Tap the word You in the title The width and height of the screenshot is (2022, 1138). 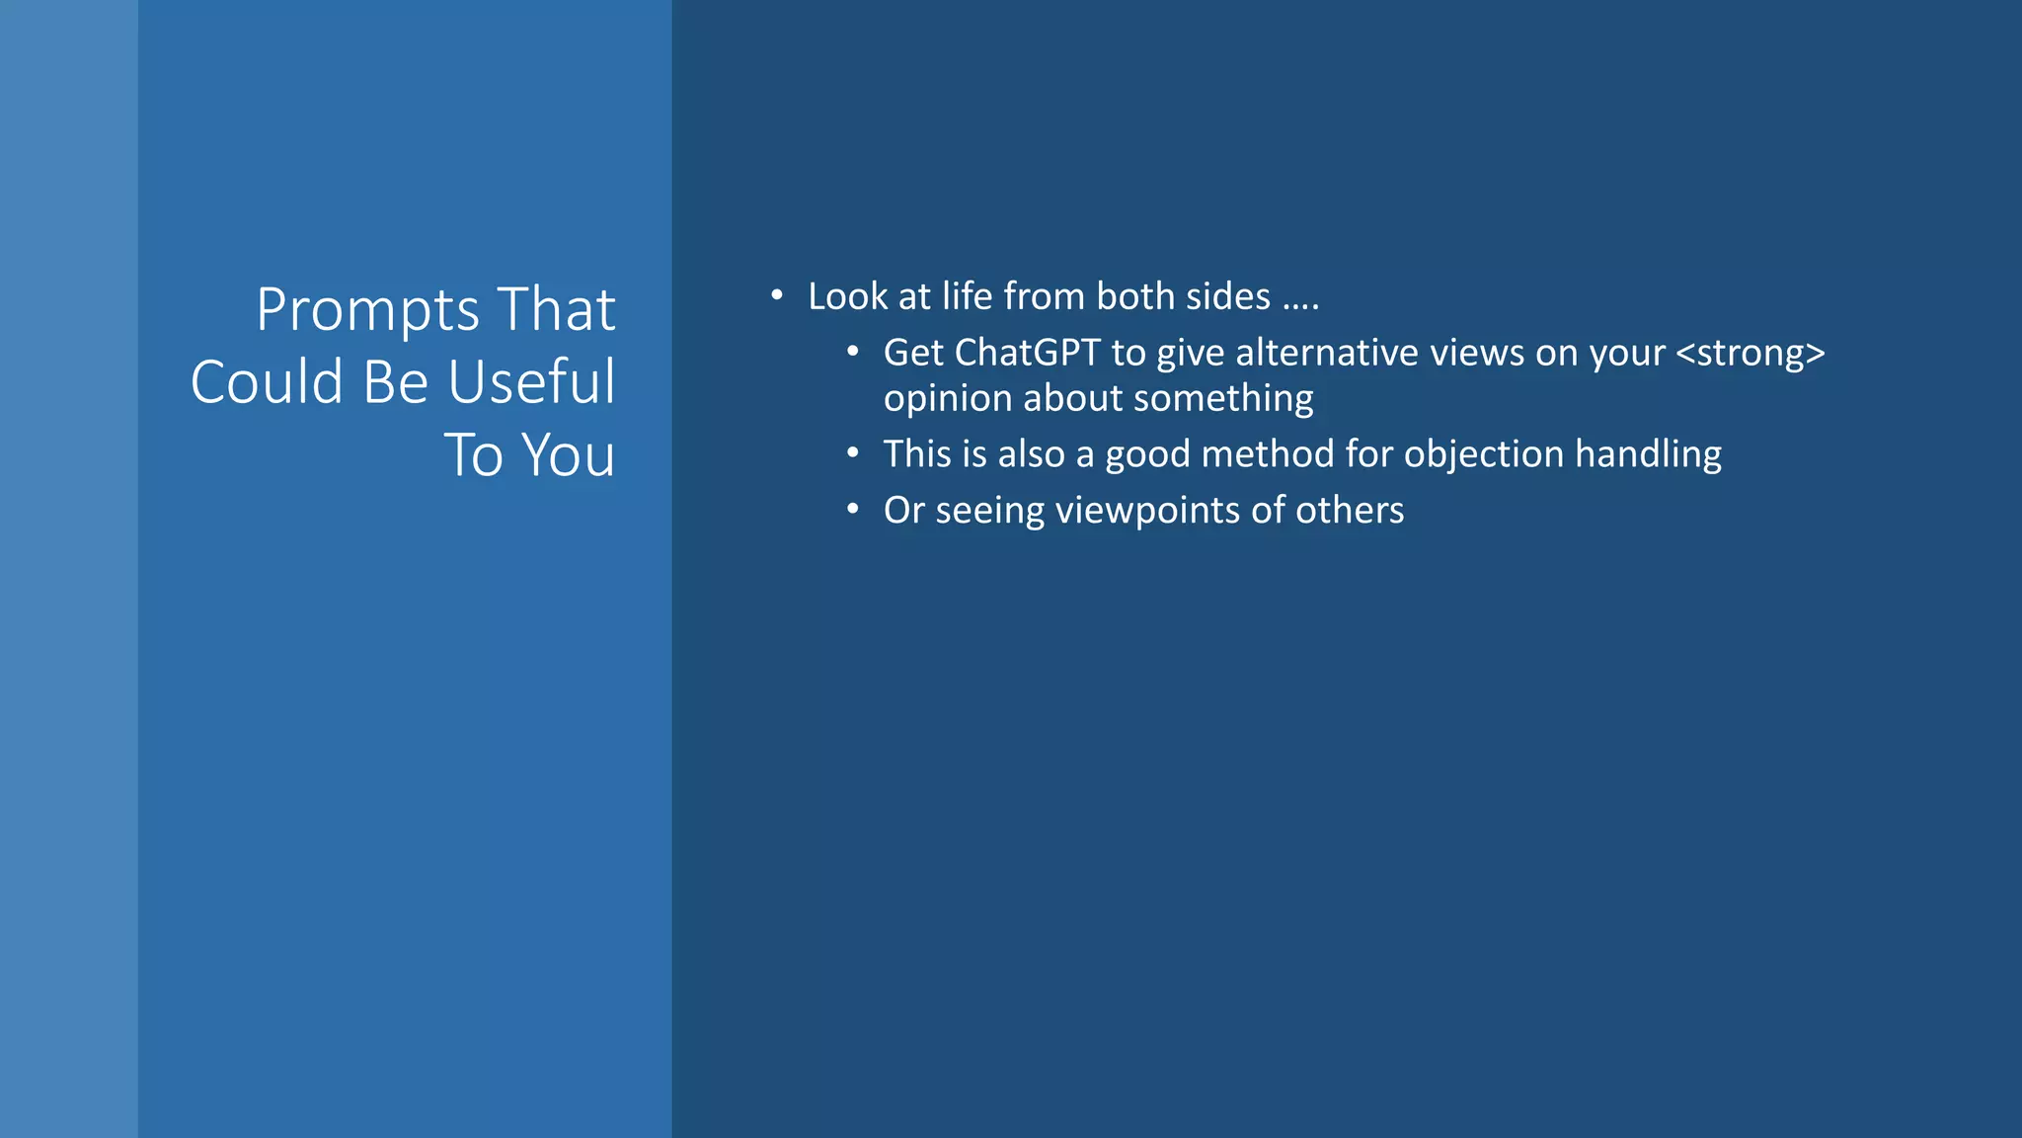(568, 456)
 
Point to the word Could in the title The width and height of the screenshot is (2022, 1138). (267, 383)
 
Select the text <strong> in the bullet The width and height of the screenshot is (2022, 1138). (1750, 353)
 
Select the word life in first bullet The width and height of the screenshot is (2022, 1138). (968, 296)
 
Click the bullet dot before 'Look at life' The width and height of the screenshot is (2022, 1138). (777, 295)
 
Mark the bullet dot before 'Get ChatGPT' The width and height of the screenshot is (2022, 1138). (852, 352)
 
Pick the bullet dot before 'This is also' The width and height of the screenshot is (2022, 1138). (852, 453)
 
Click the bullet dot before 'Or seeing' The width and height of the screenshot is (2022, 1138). (852, 510)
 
